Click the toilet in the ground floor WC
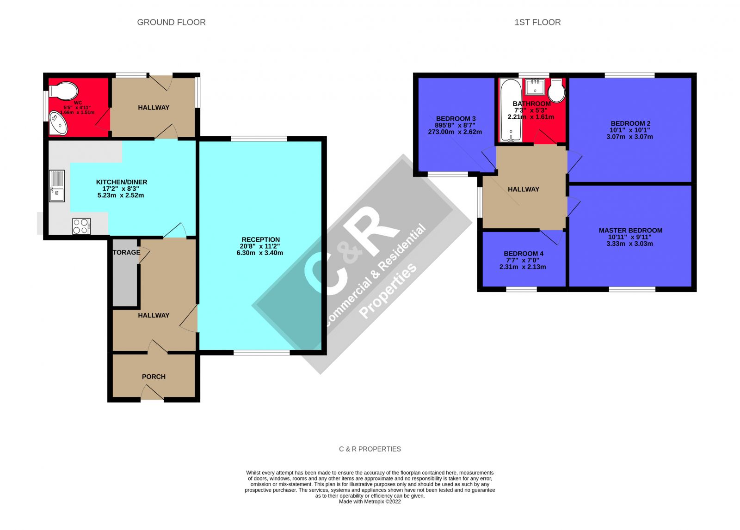click(x=63, y=90)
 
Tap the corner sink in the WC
click(x=58, y=123)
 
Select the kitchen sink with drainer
click(x=57, y=186)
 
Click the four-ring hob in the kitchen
click(x=81, y=226)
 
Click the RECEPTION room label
click(x=261, y=239)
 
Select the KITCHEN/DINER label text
click(x=122, y=182)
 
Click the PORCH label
click(x=154, y=377)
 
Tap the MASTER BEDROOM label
click(x=630, y=230)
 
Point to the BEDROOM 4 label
click(x=524, y=253)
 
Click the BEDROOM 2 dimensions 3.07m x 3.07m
click(x=630, y=137)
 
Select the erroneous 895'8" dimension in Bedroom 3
click(x=444, y=125)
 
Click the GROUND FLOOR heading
click(x=171, y=22)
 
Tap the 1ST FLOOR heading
click(x=537, y=22)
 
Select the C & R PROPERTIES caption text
click(x=370, y=449)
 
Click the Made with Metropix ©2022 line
click(x=370, y=501)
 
